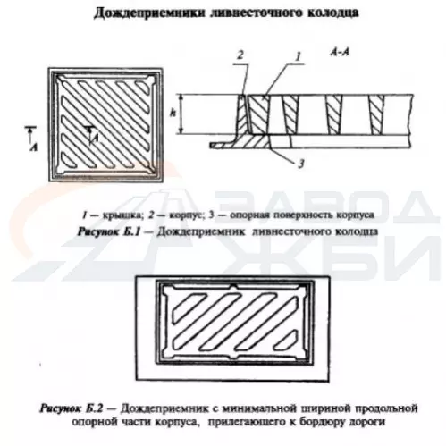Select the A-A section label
pyautogui.click(x=340, y=53)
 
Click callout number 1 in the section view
pyautogui.click(x=299, y=56)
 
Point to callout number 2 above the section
pyautogui.click(x=240, y=55)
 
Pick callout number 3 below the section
pyautogui.click(x=301, y=163)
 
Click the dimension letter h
pyautogui.click(x=173, y=114)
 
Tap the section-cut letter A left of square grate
pyautogui.click(x=34, y=147)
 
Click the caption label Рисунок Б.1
pyautogui.click(x=108, y=231)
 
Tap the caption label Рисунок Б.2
pyautogui.click(x=72, y=408)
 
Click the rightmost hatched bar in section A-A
pyautogui.click(x=376, y=114)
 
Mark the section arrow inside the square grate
pyautogui.click(x=90, y=133)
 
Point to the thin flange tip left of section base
pyautogui.click(x=212, y=146)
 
